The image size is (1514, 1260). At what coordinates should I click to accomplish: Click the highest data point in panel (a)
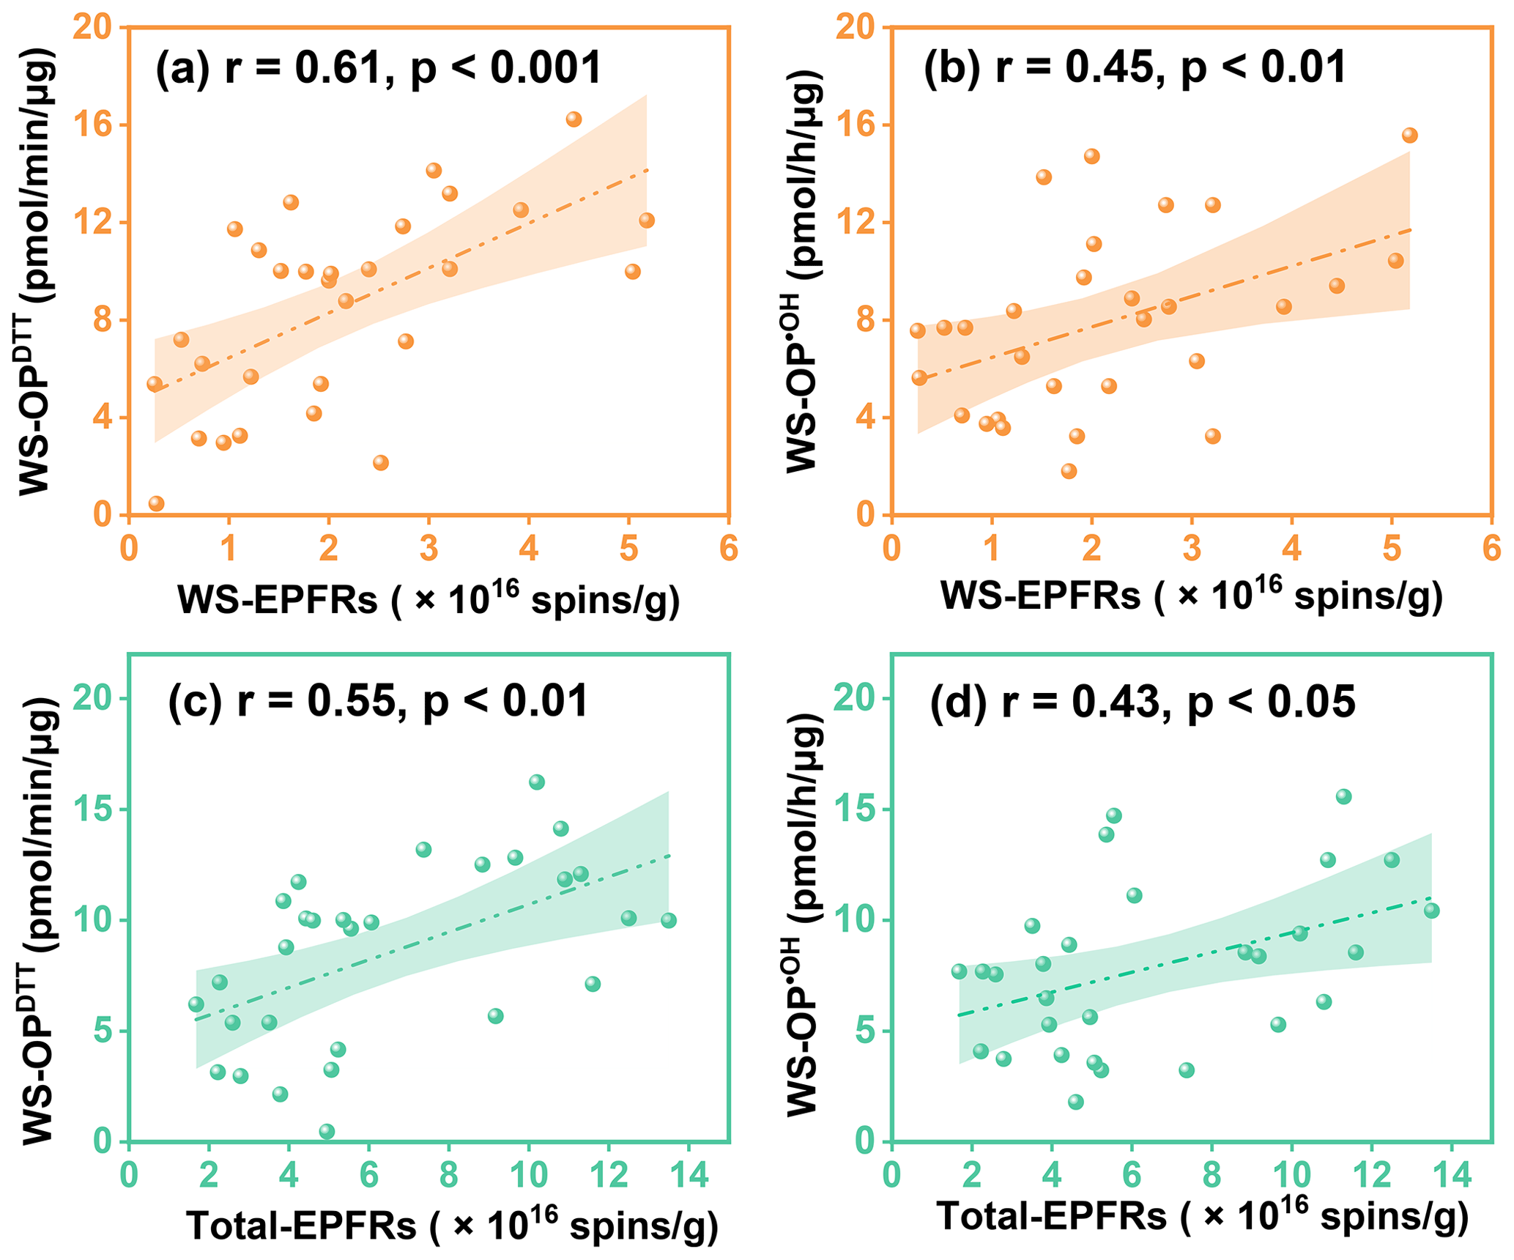click(574, 119)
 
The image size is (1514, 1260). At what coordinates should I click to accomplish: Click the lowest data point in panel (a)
click(156, 503)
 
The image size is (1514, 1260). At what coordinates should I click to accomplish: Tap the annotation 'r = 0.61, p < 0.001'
click(412, 68)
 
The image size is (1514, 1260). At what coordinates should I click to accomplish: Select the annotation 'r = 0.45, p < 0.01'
click(1170, 68)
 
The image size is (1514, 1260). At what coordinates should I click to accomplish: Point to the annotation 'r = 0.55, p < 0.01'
click(412, 701)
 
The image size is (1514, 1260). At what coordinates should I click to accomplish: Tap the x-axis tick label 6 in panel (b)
click(1491, 549)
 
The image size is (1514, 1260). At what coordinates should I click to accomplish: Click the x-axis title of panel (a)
click(428, 599)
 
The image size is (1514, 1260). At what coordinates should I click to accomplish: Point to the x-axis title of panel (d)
click(1203, 1218)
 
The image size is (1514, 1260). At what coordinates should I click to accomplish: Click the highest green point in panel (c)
click(537, 782)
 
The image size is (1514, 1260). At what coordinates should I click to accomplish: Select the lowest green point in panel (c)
click(327, 1131)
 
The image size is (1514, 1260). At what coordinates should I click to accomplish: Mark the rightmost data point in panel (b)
click(1409, 136)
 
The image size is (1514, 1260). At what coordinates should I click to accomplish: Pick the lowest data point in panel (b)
click(1069, 471)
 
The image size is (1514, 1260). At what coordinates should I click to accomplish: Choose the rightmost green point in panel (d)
click(1431, 911)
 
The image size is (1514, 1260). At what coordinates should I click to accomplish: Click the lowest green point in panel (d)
click(1075, 1102)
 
